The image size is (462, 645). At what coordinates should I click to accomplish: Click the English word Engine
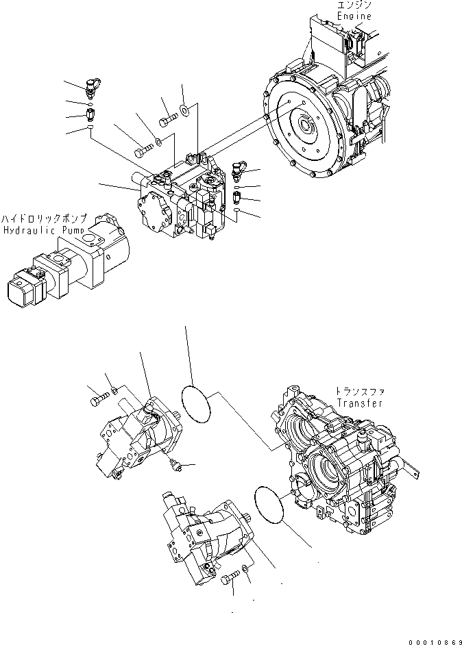tap(354, 16)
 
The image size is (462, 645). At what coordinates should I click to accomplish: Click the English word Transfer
tap(360, 403)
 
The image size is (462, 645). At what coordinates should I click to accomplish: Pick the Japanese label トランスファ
tap(360, 392)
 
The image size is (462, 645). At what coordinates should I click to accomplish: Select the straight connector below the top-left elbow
tap(90, 112)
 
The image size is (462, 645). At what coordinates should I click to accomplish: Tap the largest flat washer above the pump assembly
tap(186, 108)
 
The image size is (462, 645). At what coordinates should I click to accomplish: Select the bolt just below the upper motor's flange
tap(175, 465)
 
